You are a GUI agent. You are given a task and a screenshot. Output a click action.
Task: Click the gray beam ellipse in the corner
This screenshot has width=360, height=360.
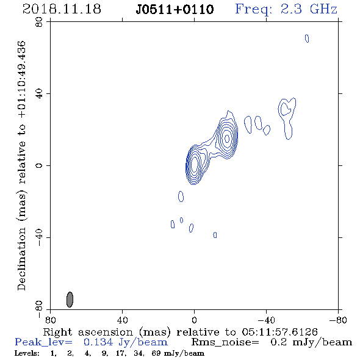pos(70,300)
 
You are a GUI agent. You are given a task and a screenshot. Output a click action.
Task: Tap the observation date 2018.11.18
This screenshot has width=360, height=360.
pos(62,9)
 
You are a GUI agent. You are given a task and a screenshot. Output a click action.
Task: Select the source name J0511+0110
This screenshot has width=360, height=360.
pos(175,10)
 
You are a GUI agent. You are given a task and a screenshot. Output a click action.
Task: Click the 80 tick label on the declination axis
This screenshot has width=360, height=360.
pos(39,22)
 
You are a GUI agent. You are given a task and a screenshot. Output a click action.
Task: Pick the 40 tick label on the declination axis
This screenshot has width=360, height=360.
pos(39,94)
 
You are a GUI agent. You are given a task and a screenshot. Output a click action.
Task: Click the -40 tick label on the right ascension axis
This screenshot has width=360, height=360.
pos(266,320)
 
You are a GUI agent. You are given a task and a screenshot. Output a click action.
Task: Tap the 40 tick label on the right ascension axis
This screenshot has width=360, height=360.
pos(122,320)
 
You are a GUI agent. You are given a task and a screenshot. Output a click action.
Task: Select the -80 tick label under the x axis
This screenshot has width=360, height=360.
pos(338,320)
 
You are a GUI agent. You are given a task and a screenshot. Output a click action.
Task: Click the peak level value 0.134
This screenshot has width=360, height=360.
pos(98,342)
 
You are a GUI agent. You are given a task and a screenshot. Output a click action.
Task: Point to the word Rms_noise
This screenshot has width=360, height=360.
pos(225,342)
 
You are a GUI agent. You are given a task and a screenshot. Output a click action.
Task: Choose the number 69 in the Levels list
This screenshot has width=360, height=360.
pos(156,353)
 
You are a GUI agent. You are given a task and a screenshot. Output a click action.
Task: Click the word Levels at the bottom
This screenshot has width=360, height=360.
pos(27,353)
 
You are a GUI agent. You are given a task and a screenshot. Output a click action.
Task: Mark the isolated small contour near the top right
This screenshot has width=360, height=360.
pos(307,38)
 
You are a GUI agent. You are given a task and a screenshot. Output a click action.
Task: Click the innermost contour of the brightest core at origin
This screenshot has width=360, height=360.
pos(194,164)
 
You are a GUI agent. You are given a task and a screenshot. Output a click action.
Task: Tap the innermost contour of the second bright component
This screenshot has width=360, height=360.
pos(227,139)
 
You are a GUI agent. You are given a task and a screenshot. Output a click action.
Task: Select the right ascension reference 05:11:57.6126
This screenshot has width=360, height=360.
pos(279,332)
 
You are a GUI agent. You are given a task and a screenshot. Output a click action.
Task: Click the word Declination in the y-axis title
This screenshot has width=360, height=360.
pos(21,259)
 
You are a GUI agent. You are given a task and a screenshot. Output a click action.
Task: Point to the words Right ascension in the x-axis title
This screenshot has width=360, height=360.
pos(88,332)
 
